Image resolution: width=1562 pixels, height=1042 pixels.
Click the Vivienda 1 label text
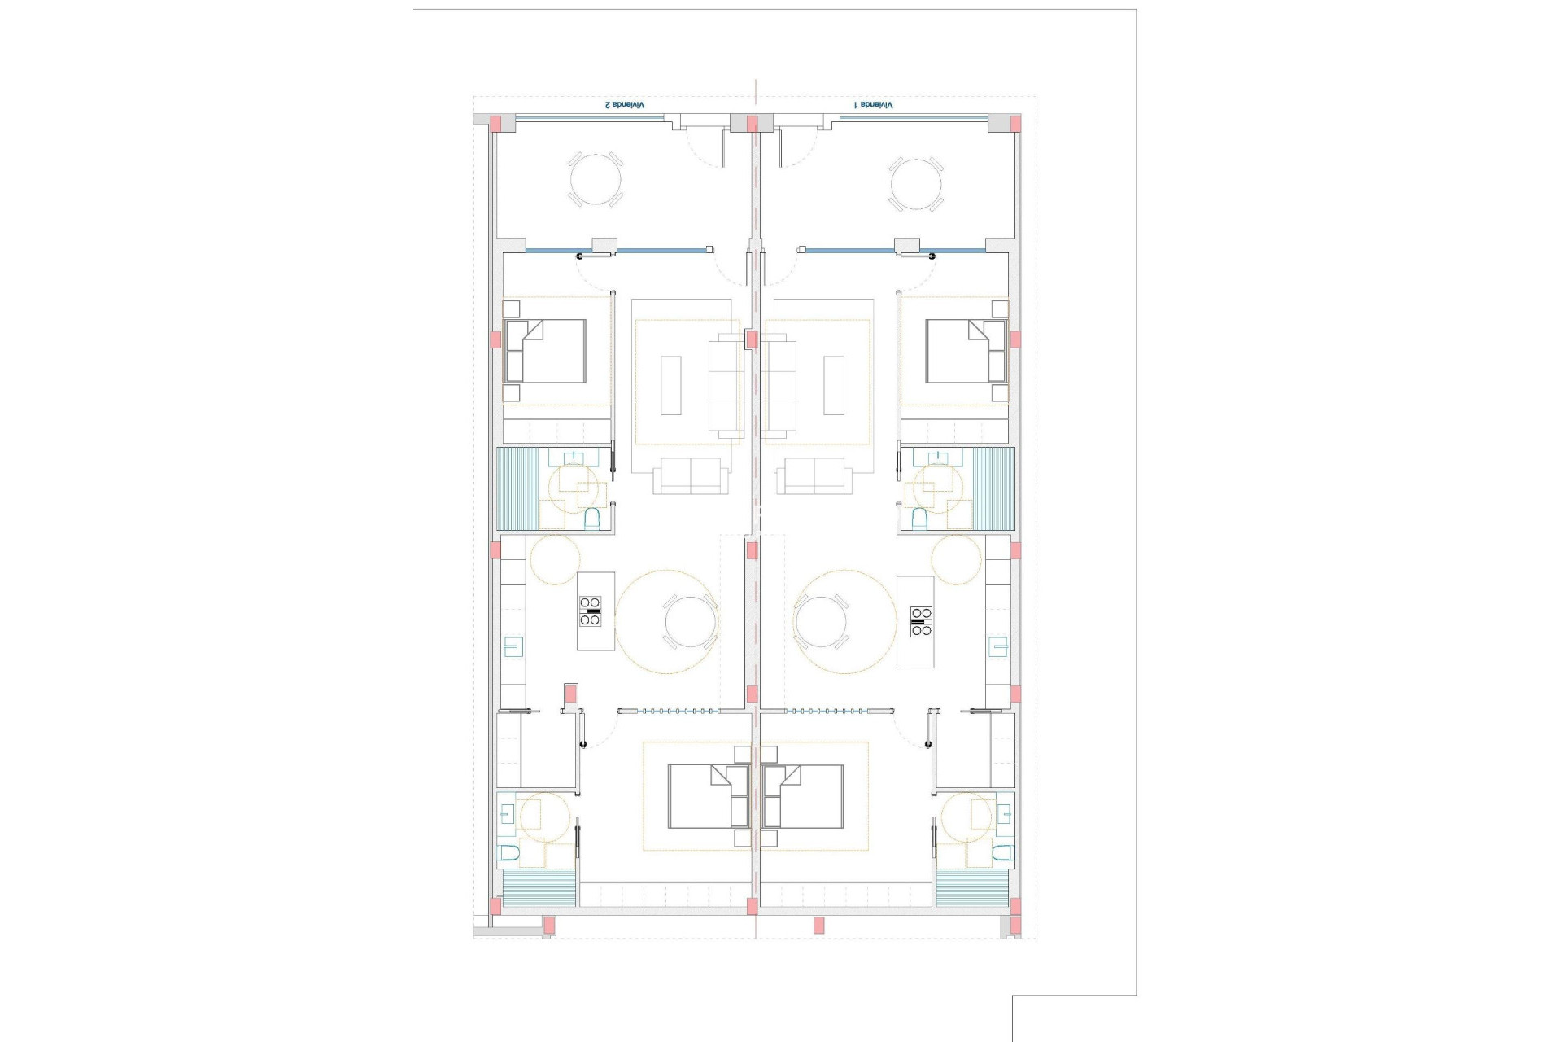[x=873, y=105]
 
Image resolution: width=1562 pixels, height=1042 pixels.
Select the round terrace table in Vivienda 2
[x=595, y=181]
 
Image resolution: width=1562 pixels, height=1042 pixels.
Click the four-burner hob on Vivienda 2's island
[x=591, y=611]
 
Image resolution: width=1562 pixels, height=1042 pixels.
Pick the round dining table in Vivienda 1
[x=820, y=621]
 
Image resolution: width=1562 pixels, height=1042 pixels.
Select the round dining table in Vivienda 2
[x=691, y=621]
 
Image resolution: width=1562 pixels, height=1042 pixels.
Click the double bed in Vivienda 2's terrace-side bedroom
[x=545, y=351]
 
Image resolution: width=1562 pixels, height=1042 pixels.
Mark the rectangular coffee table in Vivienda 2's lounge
[x=670, y=385]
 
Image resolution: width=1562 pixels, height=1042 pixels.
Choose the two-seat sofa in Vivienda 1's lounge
[x=814, y=475]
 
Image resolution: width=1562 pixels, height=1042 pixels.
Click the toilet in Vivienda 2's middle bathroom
[x=592, y=518]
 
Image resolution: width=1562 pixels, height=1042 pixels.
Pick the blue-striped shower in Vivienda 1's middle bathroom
[x=994, y=488]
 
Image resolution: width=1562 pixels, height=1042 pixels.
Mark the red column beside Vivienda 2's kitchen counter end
[x=571, y=694]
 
